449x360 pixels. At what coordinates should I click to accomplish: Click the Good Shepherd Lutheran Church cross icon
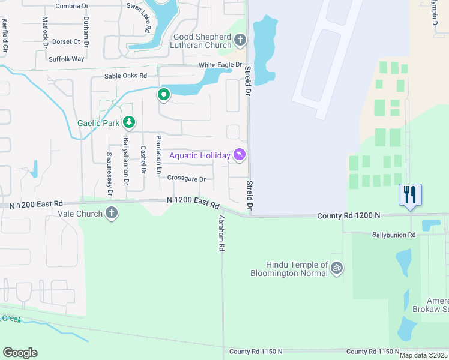click(x=240, y=41)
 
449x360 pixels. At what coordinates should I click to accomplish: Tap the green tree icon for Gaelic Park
click(x=128, y=123)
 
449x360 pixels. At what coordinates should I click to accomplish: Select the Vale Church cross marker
click(x=111, y=213)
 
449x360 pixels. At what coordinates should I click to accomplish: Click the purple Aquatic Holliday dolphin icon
click(x=240, y=155)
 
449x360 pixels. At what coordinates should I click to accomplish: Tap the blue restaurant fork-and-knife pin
click(x=410, y=195)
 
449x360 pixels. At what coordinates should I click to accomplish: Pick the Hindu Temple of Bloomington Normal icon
click(x=337, y=268)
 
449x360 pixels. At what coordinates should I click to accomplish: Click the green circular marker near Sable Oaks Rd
click(x=163, y=94)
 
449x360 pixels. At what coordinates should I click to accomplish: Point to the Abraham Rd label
click(x=221, y=233)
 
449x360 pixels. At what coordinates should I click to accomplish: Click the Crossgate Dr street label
click(x=186, y=179)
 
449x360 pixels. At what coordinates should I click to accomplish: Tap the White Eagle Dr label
click(x=220, y=65)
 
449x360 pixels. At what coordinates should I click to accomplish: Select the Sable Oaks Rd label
click(x=125, y=76)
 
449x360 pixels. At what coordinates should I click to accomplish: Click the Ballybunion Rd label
click(x=394, y=235)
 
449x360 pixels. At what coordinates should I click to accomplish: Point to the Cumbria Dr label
click(x=75, y=6)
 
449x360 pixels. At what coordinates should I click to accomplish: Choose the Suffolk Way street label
click(x=66, y=59)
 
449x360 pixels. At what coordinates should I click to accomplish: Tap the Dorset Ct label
click(x=66, y=41)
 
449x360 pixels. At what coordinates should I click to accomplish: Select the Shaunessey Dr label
click(x=109, y=174)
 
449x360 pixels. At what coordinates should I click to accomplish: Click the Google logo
click(x=20, y=353)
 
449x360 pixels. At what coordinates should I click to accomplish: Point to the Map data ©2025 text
click(x=423, y=355)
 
